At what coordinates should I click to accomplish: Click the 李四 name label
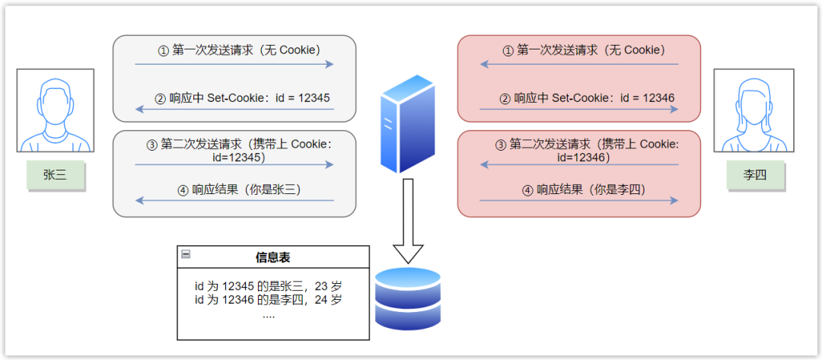[x=753, y=175]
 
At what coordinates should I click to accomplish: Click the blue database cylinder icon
[x=408, y=298]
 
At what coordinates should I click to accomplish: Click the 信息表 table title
[x=272, y=258]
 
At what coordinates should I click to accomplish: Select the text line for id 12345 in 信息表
[x=268, y=286]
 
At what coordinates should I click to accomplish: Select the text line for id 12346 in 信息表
[x=268, y=300]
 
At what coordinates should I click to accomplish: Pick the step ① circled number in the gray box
[x=162, y=51]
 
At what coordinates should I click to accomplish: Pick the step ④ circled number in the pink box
[x=527, y=190]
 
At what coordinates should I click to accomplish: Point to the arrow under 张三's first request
[x=234, y=64]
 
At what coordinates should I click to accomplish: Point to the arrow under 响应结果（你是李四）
[x=578, y=201]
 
